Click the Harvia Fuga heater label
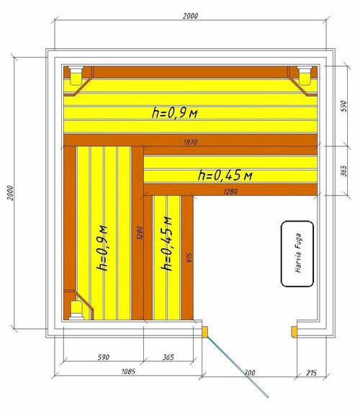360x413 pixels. (x=298, y=253)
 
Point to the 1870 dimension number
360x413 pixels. (x=190, y=142)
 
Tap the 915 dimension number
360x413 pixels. (x=189, y=258)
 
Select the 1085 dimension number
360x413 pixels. (x=128, y=371)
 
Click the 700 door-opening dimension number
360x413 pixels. (x=250, y=373)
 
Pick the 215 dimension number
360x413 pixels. (x=311, y=373)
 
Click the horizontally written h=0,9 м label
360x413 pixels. (x=174, y=113)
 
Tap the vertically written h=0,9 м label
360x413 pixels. (x=102, y=248)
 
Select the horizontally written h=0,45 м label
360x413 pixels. (x=225, y=175)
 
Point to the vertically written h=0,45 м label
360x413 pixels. (x=166, y=244)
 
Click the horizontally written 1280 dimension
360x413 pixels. (x=230, y=191)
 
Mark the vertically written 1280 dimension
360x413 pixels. (x=140, y=232)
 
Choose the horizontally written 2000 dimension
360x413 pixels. (x=190, y=16)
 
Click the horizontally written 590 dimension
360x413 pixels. (x=103, y=357)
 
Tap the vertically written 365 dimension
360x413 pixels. (x=343, y=171)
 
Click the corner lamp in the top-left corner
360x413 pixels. (x=76, y=76)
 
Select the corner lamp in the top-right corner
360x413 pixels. (x=305, y=76)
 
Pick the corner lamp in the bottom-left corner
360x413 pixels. (x=76, y=310)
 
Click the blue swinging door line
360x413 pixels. (x=237, y=366)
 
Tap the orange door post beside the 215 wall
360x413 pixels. (x=294, y=332)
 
